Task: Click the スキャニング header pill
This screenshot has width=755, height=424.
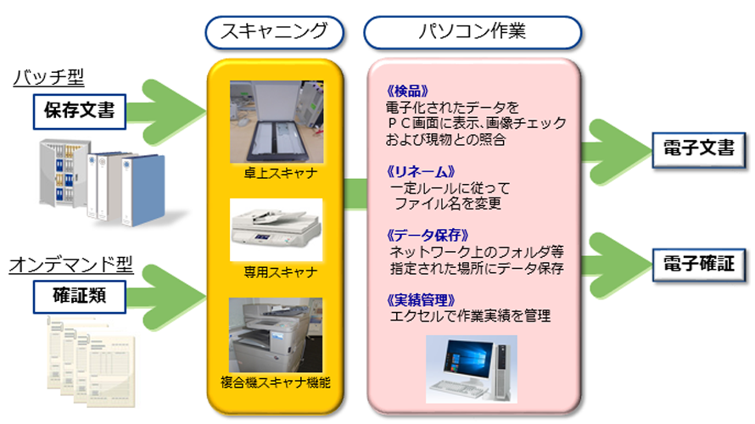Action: (275, 33)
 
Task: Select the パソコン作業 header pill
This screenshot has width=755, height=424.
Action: (473, 33)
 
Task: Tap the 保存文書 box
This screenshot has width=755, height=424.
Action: (80, 112)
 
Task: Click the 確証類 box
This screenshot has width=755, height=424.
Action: (80, 297)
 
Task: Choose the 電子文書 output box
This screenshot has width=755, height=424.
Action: (699, 149)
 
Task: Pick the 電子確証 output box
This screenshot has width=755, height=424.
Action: (699, 264)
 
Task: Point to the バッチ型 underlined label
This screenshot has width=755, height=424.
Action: (48, 77)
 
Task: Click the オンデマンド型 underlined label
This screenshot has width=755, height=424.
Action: (70, 265)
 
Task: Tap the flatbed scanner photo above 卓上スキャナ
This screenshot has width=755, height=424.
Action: (277, 122)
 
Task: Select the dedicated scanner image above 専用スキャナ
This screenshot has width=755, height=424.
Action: (277, 230)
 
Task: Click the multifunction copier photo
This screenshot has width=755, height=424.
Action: (276, 335)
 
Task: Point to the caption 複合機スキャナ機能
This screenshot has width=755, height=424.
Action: (276, 382)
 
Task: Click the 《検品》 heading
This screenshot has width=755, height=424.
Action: (407, 91)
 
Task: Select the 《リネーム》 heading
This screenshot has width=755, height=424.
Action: (421, 171)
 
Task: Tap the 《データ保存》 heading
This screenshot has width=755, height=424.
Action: (428, 236)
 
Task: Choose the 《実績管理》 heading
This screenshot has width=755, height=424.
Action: (421, 300)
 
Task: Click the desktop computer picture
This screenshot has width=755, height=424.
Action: (472, 369)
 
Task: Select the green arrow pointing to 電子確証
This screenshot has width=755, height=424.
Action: (618, 265)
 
